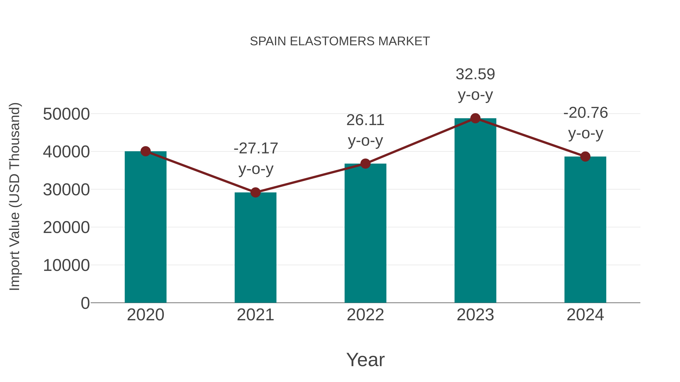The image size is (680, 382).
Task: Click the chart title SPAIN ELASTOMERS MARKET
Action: coord(340,41)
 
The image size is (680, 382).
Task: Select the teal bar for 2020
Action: coord(145,227)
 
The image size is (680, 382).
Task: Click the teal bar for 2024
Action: coord(585,229)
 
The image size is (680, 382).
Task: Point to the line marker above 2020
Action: coord(145,151)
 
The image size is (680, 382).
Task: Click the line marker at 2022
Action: coord(365,164)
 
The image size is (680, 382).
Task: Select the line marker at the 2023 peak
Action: coord(475,118)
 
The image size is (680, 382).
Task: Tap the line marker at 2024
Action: coord(585,157)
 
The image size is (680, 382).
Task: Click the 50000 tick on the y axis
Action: coord(66,114)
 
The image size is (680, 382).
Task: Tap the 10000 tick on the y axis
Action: coord(66,265)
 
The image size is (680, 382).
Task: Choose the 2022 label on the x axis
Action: coord(365,315)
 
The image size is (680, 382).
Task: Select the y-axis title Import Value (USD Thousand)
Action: coord(15,196)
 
